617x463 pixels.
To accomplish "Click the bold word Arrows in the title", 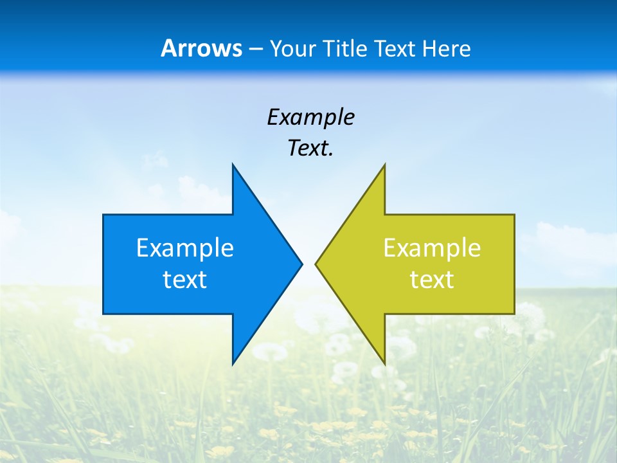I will pos(201,49).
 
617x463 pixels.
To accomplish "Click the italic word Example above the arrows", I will pos(310,118).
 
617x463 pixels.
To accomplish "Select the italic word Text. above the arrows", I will pos(310,149).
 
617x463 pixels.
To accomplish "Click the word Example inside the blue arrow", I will pos(185,248).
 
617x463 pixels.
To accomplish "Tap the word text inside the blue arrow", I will pos(185,280).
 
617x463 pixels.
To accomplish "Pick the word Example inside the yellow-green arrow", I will pos(432,248).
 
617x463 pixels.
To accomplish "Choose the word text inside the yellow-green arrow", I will pos(432,280).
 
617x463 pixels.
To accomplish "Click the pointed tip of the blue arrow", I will pos(301,264).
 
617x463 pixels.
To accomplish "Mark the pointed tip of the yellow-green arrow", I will pos(316,264).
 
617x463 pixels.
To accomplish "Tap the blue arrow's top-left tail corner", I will pos(104,215).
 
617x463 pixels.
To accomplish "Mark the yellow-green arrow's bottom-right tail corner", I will pos(514,313).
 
